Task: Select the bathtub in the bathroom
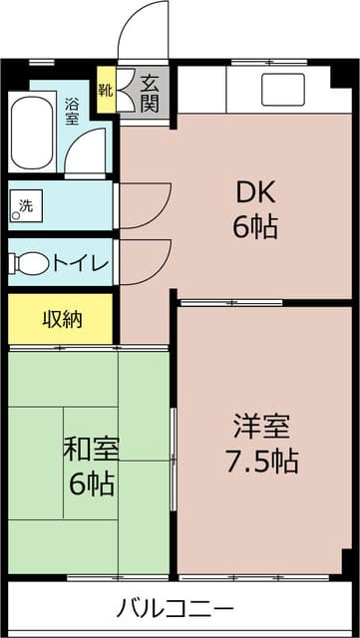tap(33, 133)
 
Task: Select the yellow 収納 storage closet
tap(61, 320)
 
